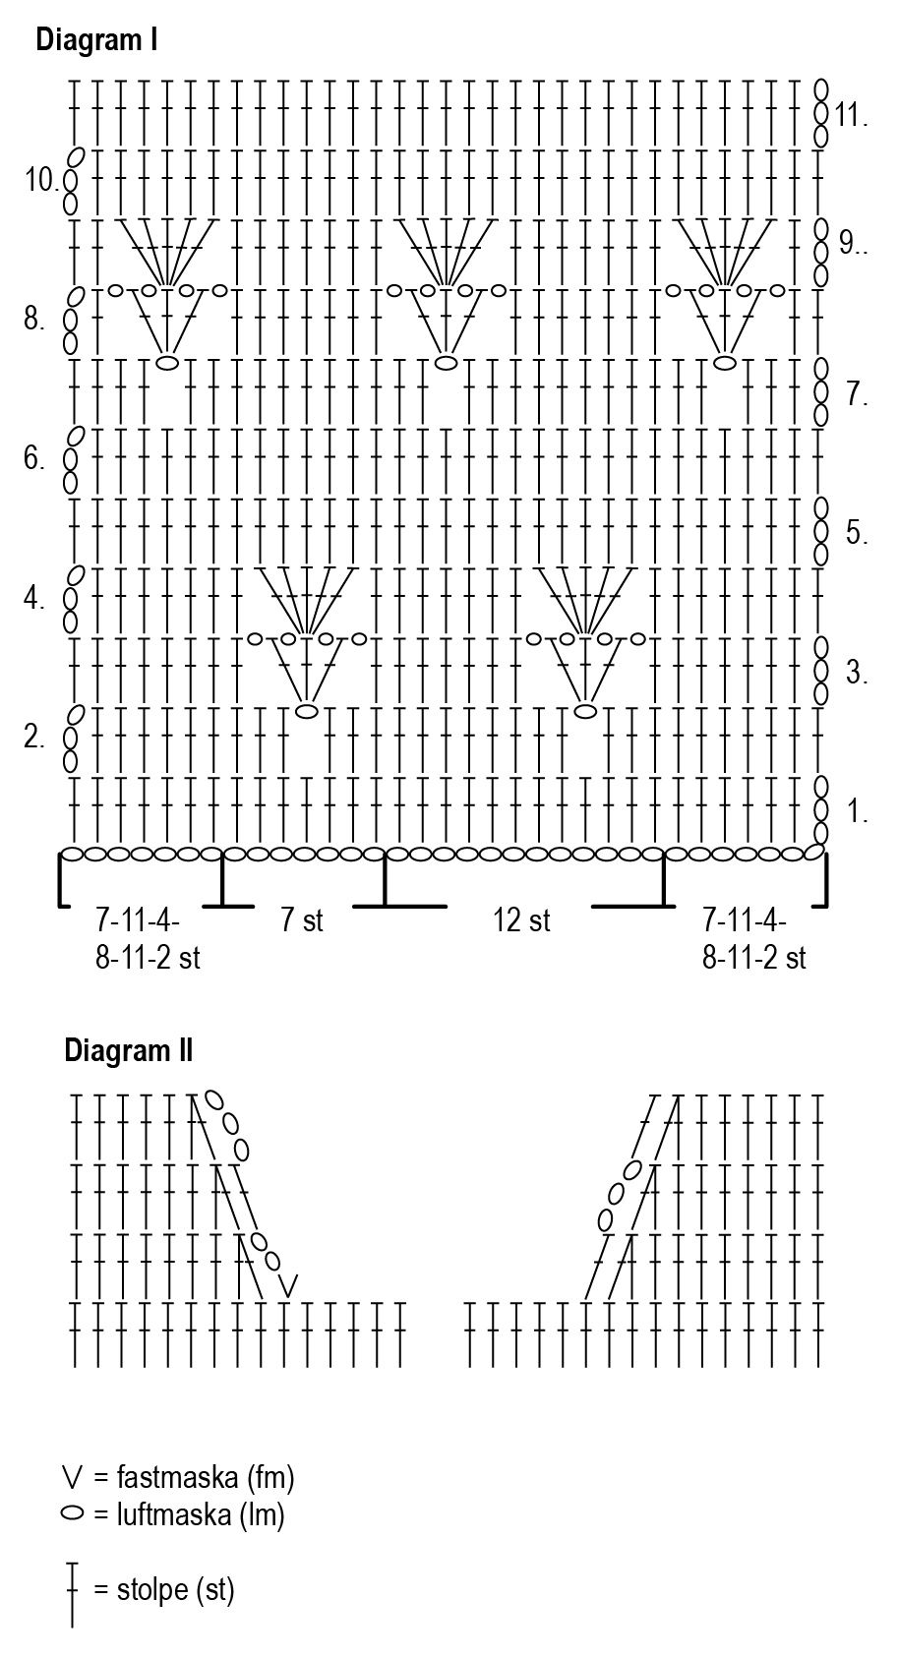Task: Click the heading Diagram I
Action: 97,40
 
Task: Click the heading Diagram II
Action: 129,1050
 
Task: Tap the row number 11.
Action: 852,115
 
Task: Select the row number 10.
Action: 41,180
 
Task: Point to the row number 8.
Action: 33,319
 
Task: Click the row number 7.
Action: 857,394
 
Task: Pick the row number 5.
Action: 857,533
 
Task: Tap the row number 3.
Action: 857,673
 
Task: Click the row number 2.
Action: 33,737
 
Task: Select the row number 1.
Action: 857,812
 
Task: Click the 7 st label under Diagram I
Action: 302,920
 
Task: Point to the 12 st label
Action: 521,920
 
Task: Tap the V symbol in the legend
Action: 72,1476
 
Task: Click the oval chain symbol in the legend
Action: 72,1513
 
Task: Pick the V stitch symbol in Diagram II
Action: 288,1284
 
